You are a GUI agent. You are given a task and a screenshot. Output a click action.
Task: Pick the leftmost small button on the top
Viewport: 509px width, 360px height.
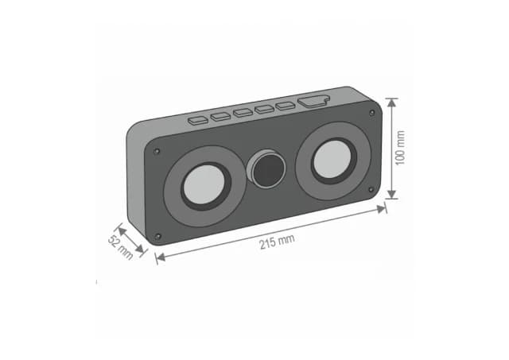[196, 121]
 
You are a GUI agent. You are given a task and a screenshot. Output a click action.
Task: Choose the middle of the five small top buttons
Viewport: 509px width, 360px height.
[243, 112]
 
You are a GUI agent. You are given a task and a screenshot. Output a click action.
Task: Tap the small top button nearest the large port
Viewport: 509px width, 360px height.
[285, 105]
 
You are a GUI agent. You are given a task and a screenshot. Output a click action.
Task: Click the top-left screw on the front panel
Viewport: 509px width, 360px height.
[157, 151]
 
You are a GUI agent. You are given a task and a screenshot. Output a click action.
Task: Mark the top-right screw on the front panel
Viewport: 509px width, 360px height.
[372, 114]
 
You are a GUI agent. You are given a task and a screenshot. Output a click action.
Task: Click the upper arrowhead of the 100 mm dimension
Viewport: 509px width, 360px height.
[391, 101]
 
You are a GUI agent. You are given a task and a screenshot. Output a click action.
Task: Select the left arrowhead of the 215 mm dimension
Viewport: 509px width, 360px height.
[159, 256]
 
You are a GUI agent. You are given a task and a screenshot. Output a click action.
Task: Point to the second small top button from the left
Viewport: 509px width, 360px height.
[220, 117]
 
